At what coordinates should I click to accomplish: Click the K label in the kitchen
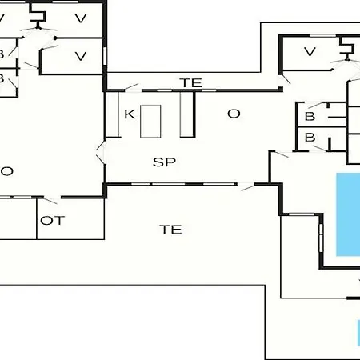(130, 114)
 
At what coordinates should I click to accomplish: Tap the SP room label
(164, 162)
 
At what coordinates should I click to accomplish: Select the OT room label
(53, 221)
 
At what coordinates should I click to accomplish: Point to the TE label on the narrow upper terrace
(191, 83)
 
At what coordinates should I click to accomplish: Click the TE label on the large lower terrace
(171, 230)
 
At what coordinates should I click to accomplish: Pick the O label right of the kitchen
(234, 114)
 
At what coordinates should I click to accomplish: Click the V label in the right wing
(310, 51)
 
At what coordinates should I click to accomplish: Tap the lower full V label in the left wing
(81, 56)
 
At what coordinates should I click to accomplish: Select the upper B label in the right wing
(310, 116)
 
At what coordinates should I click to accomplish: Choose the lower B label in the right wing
(310, 138)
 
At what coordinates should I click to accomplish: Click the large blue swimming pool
(348, 214)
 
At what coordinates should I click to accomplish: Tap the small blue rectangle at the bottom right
(358, 333)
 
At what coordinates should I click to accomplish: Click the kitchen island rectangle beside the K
(150, 122)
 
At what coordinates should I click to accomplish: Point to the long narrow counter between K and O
(187, 114)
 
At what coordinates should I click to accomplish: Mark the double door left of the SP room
(101, 153)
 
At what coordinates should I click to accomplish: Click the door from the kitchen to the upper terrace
(132, 87)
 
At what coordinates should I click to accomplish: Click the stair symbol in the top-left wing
(38, 16)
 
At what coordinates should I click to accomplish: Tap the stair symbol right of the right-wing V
(347, 49)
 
